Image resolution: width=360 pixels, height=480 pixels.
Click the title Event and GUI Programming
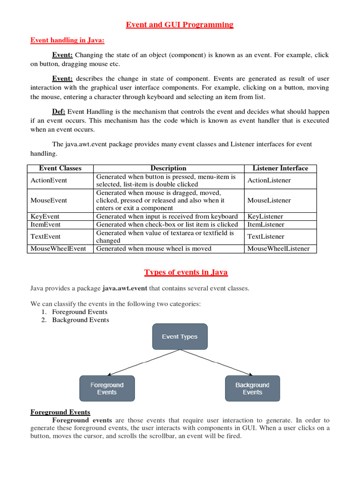[x=180, y=24]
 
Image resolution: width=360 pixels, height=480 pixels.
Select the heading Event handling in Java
[x=67, y=40]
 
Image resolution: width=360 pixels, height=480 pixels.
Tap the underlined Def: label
[x=59, y=112]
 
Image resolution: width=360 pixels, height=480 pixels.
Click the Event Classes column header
[x=60, y=168]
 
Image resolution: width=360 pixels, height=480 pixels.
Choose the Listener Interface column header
[x=280, y=168]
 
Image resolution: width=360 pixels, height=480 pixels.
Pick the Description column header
[x=168, y=168]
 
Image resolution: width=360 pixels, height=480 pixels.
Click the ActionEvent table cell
[x=49, y=180]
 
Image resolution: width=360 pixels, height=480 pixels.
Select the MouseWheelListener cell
[x=278, y=248]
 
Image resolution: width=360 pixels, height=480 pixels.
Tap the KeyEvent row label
[x=45, y=217]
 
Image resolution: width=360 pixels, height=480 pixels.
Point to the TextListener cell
[x=266, y=237]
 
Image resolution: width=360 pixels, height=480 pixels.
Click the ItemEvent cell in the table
[x=45, y=225]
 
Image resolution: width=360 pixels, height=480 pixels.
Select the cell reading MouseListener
[x=269, y=200]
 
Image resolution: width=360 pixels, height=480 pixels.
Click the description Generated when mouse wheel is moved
[x=154, y=248]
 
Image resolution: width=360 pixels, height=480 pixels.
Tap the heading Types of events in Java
[x=186, y=272]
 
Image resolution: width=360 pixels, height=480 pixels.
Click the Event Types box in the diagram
[x=180, y=337]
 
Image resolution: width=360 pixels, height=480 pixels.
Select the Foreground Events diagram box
[x=107, y=389]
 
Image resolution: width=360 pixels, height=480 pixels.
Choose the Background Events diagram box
[x=252, y=389]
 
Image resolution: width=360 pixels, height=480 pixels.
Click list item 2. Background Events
[x=80, y=320]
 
